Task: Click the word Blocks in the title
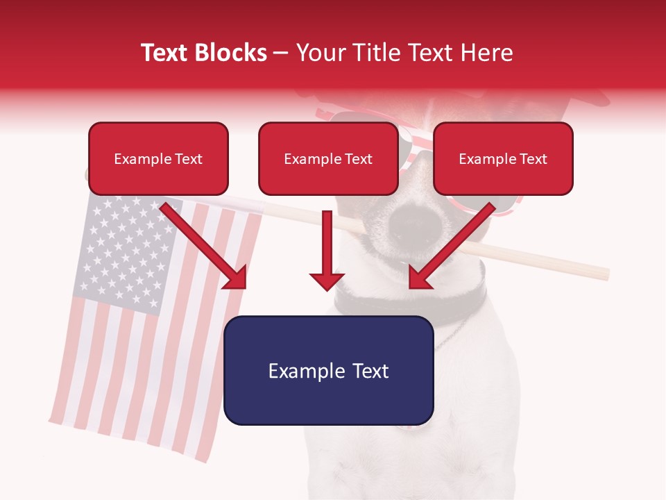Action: pyautogui.click(x=232, y=53)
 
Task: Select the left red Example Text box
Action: pyautogui.click(x=158, y=159)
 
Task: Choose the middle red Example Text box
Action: pyautogui.click(x=328, y=159)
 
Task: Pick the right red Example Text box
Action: pyautogui.click(x=503, y=159)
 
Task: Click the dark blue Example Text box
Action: pyautogui.click(x=329, y=370)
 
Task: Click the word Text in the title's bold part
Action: pyautogui.click(x=165, y=53)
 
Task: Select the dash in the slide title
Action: pyautogui.click(x=281, y=53)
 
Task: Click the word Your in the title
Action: pyautogui.click(x=320, y=53)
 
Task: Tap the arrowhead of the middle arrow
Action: pyautogui.click(x=327, y=281)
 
